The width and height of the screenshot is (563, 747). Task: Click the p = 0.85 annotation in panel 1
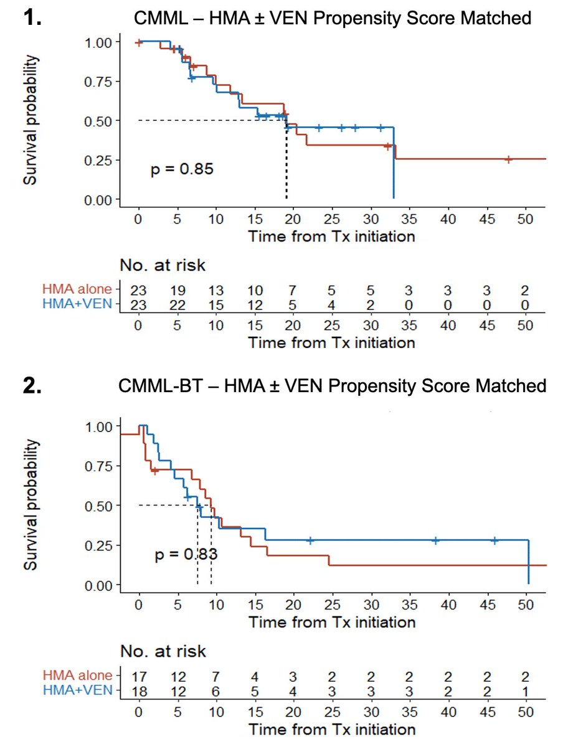pyautogui.click(x=182, y=169)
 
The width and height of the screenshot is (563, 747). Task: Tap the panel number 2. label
pyautogui.click(x=32, y=385)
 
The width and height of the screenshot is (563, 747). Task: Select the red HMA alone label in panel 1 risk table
pyautogui.click(x=78, y=289)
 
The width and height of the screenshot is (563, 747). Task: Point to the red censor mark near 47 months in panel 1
pyautogui.click(x=508, y=159)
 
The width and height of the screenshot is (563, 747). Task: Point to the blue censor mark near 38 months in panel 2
pyautogui.click(x=435, y=540)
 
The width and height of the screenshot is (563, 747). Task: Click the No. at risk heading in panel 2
pyautogui.click(x=163, y=652)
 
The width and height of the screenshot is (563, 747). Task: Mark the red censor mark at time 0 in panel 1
pyautogui.click(x=139, y=42)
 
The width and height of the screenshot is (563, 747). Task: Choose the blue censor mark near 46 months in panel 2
pyautogui.click(x=494, y=540)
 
